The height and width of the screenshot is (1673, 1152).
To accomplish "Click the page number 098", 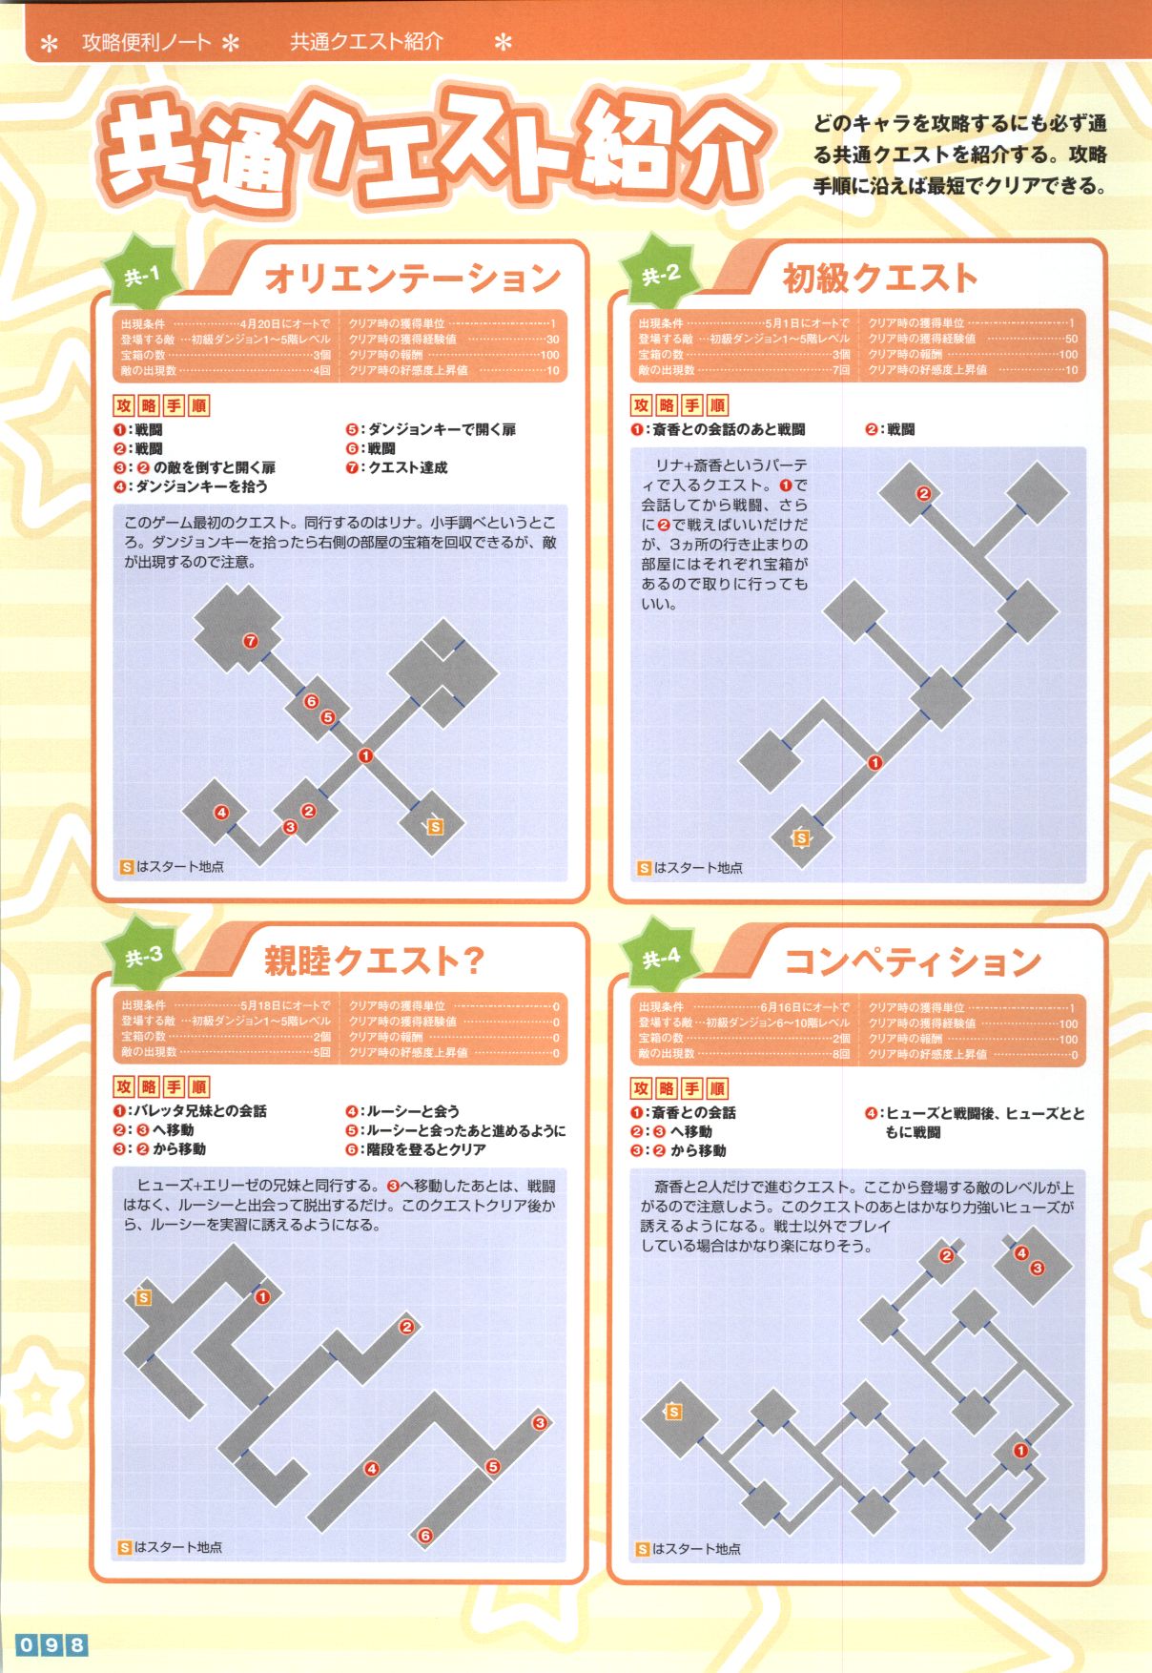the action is click(51, 1644).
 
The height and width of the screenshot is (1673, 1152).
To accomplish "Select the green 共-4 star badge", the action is click(661, 958).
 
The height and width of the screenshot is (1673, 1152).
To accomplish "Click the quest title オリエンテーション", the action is click(412, 278).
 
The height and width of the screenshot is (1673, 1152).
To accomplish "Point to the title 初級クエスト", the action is click(879, 278).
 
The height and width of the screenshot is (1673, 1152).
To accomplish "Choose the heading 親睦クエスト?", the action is click(374, 960).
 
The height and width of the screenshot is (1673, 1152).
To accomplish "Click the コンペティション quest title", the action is click(911, 960).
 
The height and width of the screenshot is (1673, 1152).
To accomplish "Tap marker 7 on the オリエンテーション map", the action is click(250, 641).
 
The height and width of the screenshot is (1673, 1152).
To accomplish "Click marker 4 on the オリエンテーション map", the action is click(221, 813).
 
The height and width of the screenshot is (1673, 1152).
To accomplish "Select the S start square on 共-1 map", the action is click(435, 826).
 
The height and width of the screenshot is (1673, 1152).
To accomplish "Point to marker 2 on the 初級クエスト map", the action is click(923, 493).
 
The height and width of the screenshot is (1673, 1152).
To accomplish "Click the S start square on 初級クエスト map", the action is click(801, 837).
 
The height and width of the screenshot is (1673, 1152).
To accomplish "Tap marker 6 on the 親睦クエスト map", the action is click(425, 1536).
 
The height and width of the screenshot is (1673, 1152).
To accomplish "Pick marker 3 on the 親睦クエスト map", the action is click(540, 1423).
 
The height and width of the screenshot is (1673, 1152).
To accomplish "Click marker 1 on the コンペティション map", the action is click(1020, 1451).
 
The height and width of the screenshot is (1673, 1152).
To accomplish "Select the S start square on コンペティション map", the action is click(673, 1412).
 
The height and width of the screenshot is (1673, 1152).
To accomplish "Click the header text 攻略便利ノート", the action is click(147, 42).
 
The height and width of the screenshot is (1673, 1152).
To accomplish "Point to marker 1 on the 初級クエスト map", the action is click(874, 762).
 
